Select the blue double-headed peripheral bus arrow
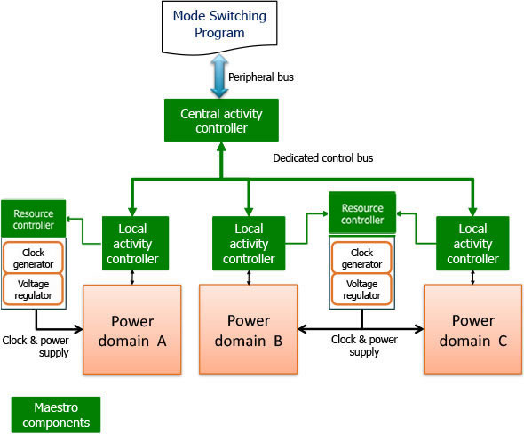point(219,77)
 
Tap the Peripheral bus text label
point(261,77)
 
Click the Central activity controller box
point(221,120)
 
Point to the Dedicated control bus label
point(322,158)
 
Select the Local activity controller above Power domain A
point(135,243)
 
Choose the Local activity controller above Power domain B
point(249,243)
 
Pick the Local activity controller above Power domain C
point(472,243)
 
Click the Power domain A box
point(132,329)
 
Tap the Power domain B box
point(249,329)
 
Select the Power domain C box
point(472,329)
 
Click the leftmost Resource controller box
point(34,219)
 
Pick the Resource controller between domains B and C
point(362,213)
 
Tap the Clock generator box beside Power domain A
point(33,258)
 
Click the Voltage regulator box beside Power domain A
point(33,289)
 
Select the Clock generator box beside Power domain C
point(361,258)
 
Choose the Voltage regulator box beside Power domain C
point(361,289)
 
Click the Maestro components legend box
point(56,415)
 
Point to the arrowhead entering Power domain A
point(79,329)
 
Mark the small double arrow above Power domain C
point(472,278)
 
